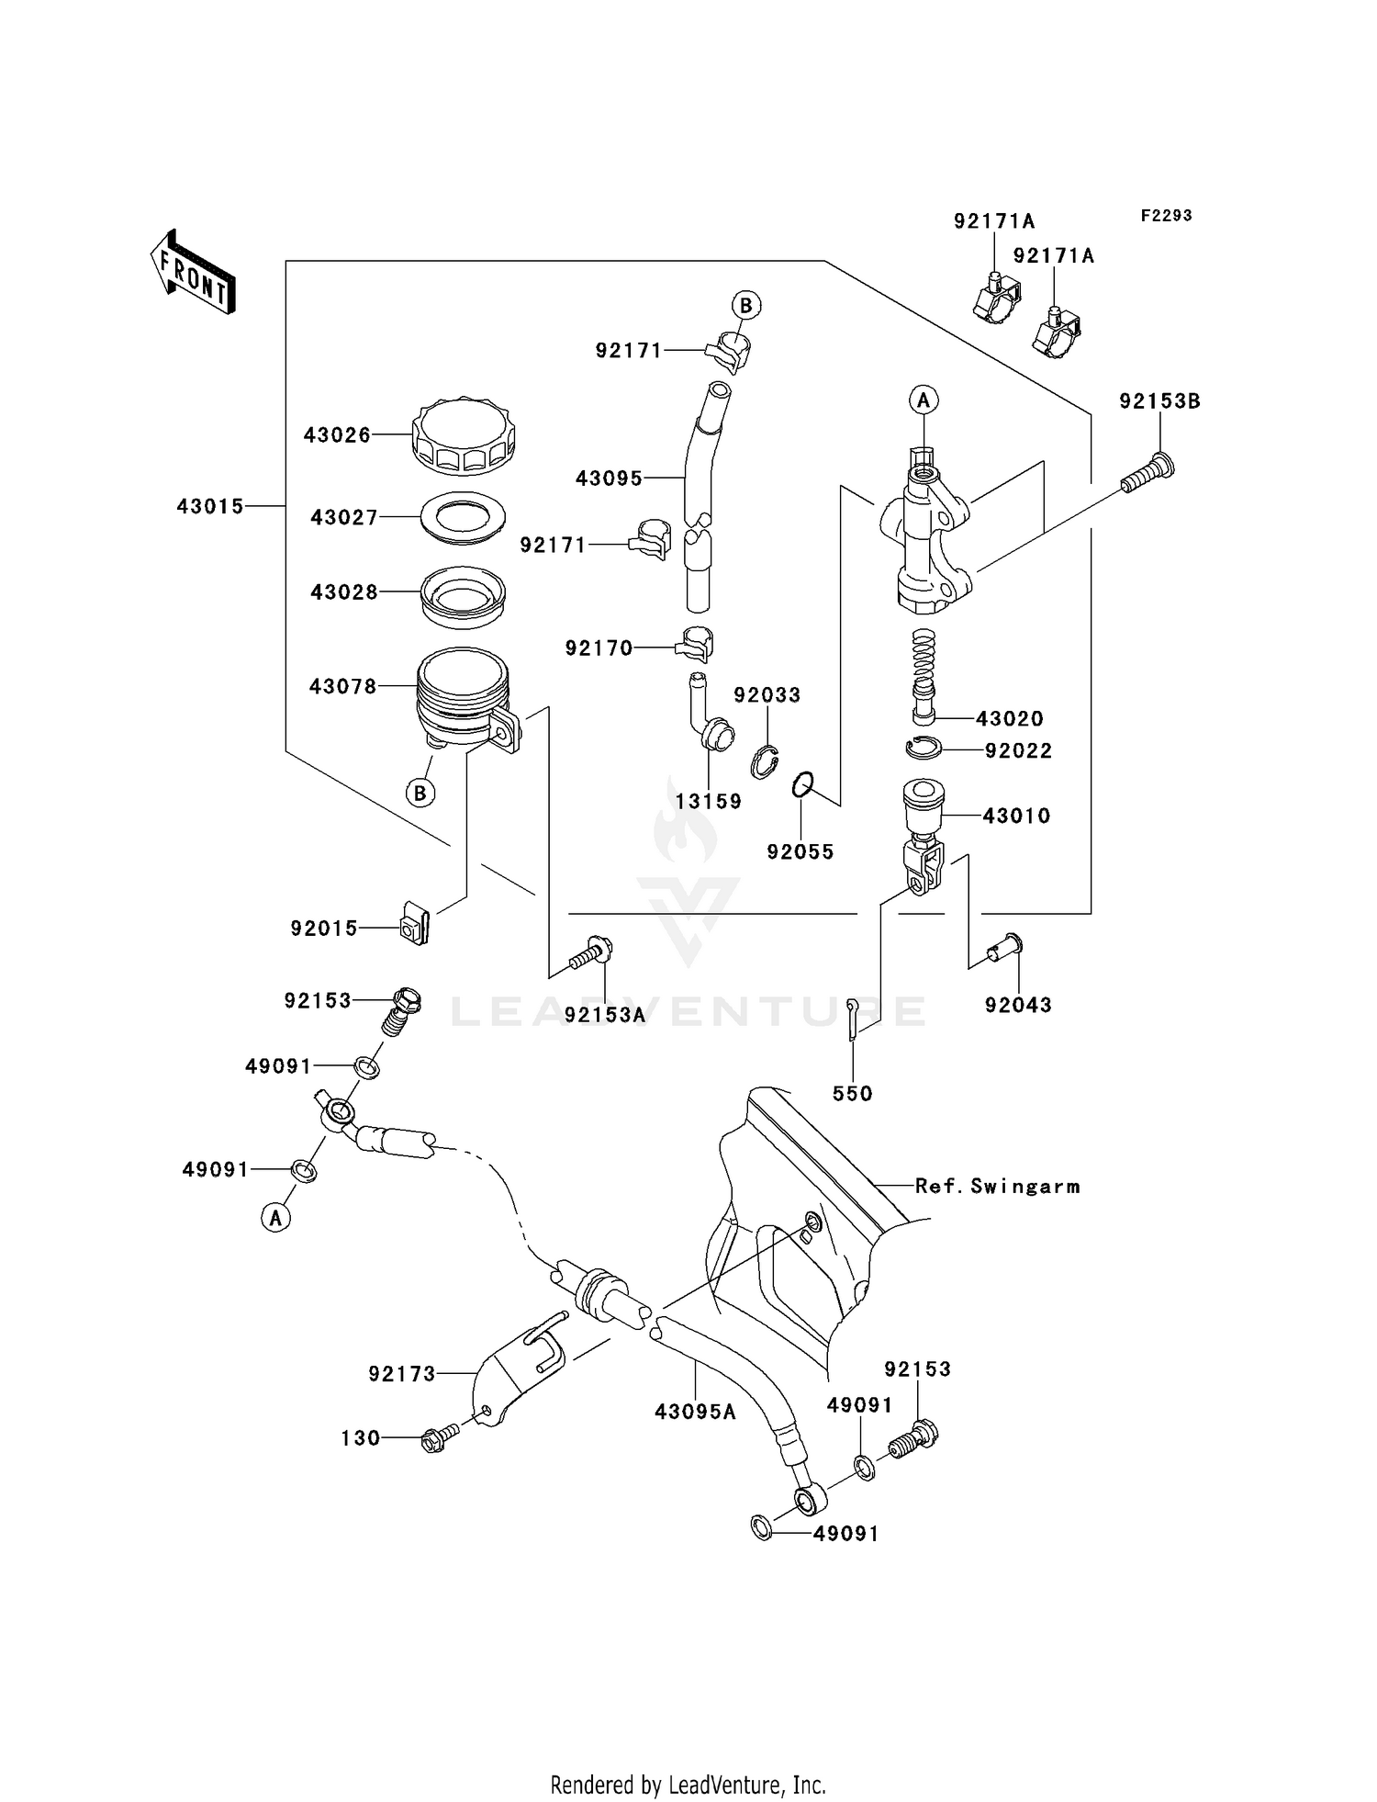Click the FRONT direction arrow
(x=193, y=273)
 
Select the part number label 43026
(x=337, y=435)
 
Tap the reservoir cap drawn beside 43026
(x=464, y=437)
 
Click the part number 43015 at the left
(x=210, y=506)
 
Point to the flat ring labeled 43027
(x=463, y=518)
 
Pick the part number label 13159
(x=708, y=802)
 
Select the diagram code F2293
(x=1166, y=216)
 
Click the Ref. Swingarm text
(x=997, y=1187)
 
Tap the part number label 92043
(x=1017, y=1006)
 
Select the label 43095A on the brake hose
(x=695, y=1412)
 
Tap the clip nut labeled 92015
(x=414, y=926)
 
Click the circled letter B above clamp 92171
(x=745, y=305)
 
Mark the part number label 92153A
(x=605, y=1015)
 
